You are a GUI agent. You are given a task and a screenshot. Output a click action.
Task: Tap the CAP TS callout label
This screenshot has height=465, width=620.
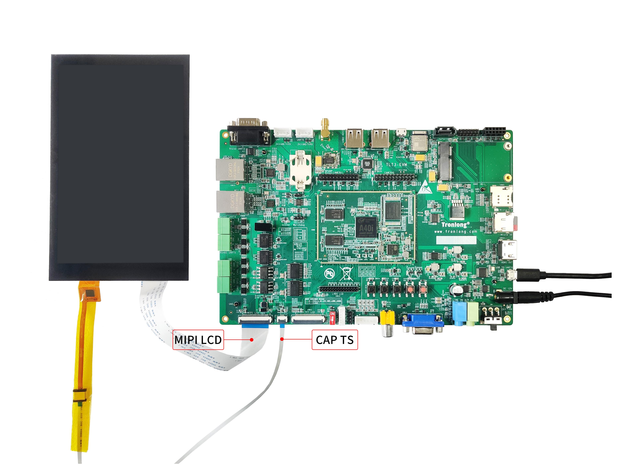334,340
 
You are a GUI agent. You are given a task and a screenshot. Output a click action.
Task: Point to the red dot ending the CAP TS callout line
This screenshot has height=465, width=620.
282,339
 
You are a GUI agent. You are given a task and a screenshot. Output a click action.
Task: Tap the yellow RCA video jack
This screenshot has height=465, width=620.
387,318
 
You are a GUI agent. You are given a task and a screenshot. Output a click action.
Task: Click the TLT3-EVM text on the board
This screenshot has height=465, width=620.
396,165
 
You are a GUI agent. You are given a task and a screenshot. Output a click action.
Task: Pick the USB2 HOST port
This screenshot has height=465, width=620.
355,138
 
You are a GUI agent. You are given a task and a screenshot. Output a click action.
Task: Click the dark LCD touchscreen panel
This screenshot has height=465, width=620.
120,167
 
